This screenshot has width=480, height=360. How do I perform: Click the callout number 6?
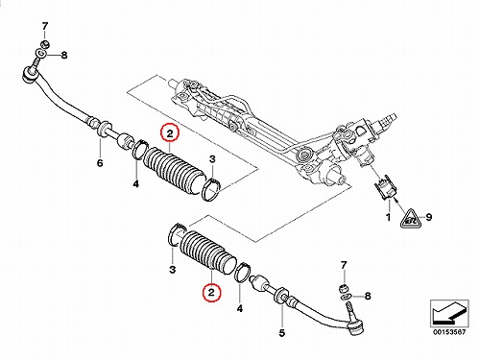[x=100, y=163]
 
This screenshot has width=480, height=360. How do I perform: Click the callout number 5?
[x=281, y=333]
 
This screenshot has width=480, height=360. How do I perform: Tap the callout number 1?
[x=388, y=218]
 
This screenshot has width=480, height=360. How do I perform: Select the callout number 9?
[x=429, y=217]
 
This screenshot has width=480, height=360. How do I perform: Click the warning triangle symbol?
[x=411, y=218]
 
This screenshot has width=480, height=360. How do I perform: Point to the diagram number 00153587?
[x=449, y=332]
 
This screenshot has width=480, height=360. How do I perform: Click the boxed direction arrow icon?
[x=449, y=313]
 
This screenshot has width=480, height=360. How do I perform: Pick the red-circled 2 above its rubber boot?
[x=170, y=133]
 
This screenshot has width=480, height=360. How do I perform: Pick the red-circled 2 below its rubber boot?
[x=211, y=293]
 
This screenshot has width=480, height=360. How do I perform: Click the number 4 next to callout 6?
[x=136, y=184]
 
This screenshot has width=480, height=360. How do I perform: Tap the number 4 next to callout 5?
[x=240, y=308]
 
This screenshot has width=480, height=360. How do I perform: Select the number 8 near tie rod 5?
[x=368, y=296]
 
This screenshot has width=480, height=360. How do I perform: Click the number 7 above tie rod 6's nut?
[x=45, y=26]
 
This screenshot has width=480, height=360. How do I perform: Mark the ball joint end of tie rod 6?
[x=31, y=75]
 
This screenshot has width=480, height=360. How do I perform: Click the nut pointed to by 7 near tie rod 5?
[x=344, y=288]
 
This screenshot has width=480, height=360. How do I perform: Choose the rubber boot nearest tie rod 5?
[x=208, y=252]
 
